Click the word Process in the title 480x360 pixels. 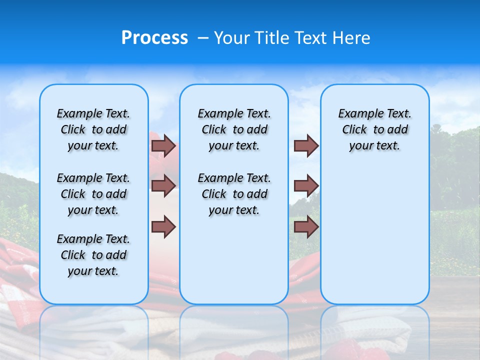point(154,38)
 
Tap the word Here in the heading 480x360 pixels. point(350,38)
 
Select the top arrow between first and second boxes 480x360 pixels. point(163,146)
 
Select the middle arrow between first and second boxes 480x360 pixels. point(163,186)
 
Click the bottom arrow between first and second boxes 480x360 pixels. point(163,227)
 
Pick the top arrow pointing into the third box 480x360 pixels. point(306,146)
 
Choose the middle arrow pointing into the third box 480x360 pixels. point(306,186)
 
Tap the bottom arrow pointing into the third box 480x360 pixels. point(306,227)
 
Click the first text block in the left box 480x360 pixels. point(93,129)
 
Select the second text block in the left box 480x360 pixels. point(93,194)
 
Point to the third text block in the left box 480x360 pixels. point(93,255)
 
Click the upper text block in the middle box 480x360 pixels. point(234,129)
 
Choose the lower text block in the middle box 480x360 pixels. point(234,194)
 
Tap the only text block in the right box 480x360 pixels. point(374,129)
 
